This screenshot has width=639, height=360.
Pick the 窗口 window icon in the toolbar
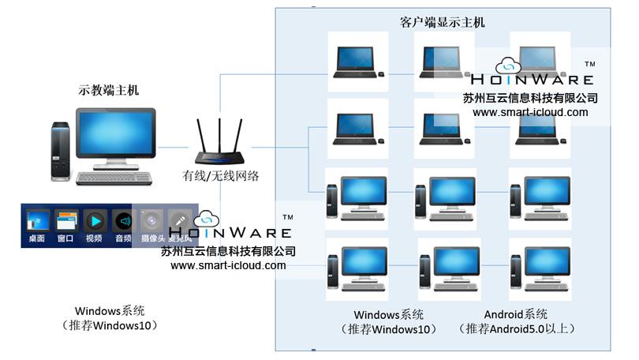click(x=66, y=220)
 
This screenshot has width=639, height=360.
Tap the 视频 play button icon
click(x=94, y=220)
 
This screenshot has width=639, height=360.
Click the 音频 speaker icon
click(x=122, y=220)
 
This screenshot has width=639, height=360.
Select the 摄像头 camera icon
click(x=151, y=220)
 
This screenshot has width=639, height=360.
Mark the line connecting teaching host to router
click(x=176, y=147)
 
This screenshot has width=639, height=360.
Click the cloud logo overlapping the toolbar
click(x=207, y=219)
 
